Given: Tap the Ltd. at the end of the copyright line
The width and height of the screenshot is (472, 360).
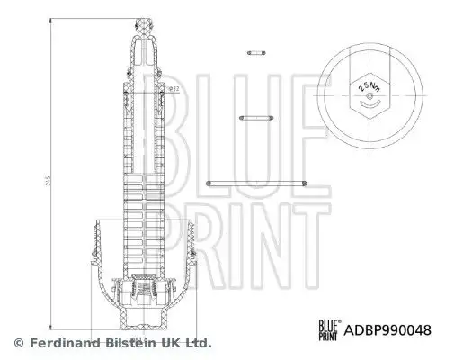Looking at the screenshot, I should tap(198, 343).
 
